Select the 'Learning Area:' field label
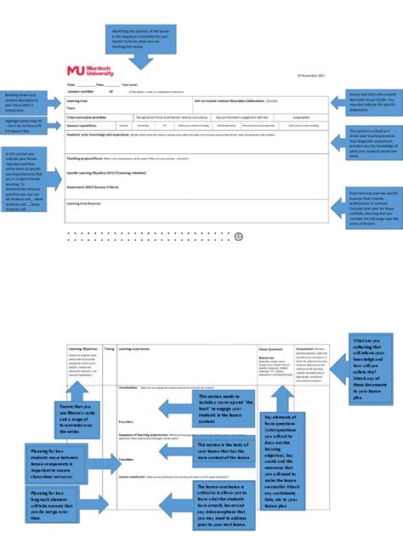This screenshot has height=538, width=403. click(78, 100)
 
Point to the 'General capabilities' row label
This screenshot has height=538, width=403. click(84, 125)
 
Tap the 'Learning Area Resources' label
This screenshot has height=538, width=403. click(88, 203)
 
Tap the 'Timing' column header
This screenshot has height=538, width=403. click(109, 348)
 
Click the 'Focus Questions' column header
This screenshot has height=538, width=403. click(270, 348)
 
